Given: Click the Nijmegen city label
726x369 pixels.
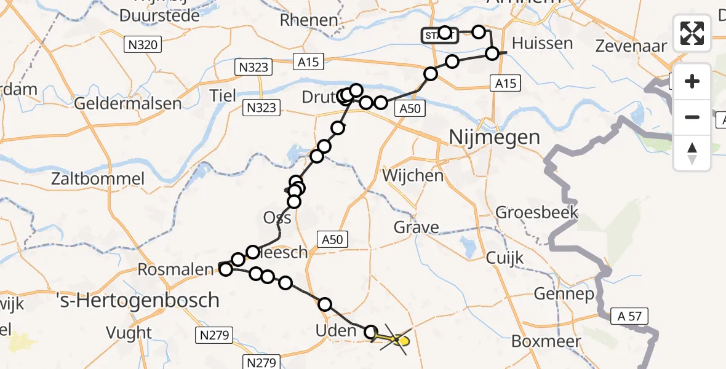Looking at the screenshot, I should click(495, 137).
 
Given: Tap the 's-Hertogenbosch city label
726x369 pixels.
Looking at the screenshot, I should click(137, 300).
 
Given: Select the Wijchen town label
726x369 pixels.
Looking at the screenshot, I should click(412, 176).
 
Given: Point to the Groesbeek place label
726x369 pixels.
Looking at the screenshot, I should click(537, 213).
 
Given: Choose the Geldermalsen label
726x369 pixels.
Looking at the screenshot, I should click(127, 103).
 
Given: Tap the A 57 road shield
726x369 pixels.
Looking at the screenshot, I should click(628, 317).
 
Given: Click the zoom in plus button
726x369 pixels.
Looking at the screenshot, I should click(692, 82).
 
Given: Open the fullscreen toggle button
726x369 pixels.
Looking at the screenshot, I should click(692, 33).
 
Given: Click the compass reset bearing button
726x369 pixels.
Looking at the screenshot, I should click(692, 153).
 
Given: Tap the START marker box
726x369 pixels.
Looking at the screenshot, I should click(439, 36).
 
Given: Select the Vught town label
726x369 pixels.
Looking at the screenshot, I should click(129, 333).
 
